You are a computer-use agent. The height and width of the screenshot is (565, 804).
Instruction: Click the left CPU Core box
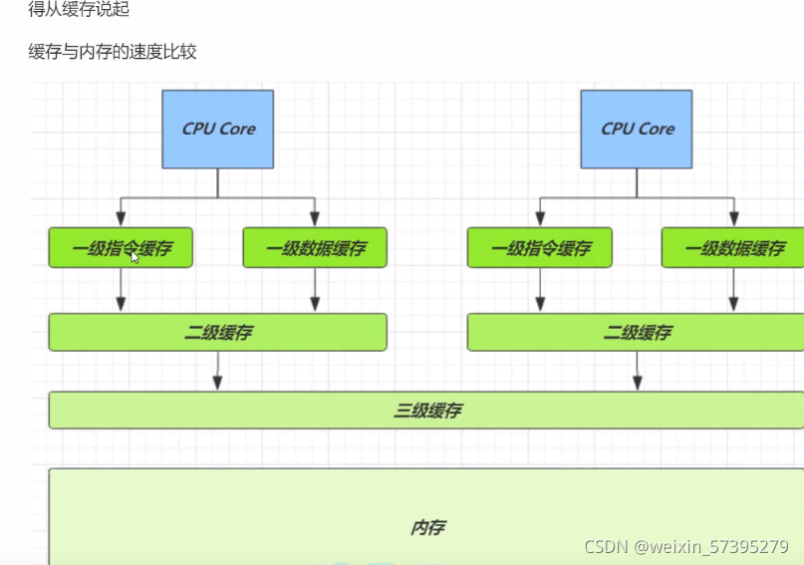pyautogui.click(x=218, y=129)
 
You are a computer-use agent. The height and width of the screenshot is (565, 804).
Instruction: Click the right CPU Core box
pyautogui.click(x=637, y=129)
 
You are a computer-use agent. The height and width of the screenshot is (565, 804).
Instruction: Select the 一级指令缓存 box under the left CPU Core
pyautogui.click(x=121, y=248)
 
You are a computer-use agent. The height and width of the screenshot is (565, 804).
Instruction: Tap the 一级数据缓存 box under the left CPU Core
pyautogui.click(x=315, y=248)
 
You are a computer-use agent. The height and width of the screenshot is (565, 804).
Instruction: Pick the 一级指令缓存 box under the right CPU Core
pyautogui.click(x=540, y=248)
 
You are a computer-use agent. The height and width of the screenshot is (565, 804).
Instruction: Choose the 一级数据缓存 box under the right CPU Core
pyautogui.click(x=732, y=248)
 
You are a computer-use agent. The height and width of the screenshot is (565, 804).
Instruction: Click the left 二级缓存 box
pyautogui.click(x=217, y=332)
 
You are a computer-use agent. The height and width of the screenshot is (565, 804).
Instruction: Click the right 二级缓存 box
pyautogui.click(x=637, y=332)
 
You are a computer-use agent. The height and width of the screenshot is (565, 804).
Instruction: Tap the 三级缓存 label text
pyautogui.click(x=427, y=410)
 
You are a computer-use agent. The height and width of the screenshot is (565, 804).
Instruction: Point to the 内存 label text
pyautogui.click(x=427, y=528)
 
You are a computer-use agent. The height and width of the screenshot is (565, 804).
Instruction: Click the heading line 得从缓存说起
pyautogui.click(x=79, y=9)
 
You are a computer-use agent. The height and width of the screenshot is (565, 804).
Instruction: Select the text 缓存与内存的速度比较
pyautogui.click(x=113, y=52)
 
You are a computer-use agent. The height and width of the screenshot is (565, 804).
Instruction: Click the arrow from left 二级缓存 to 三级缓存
pyautogui.click(x=217, y=372)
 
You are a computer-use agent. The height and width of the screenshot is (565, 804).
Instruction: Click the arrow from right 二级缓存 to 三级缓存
pyautogui.click(x=638, y=372)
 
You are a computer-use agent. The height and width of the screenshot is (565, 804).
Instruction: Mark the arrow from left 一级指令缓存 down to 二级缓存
pyautogui.click(x=121, y=290)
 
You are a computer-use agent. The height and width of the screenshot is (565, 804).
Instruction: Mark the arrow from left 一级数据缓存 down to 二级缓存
pyautogui.click(x=315, y=290)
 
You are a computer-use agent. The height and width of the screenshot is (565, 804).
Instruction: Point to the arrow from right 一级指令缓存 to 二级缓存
pyautogui.click(x=540, y=290)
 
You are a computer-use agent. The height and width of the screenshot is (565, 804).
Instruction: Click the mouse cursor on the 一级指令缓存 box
pyautogui.click(x=135, y=256)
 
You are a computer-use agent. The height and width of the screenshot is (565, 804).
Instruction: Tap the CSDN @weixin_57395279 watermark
pyautogui.click(x=686, y=547)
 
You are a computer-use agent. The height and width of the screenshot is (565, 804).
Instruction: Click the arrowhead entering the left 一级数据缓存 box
pyautogui.click(x=315, y=219)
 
